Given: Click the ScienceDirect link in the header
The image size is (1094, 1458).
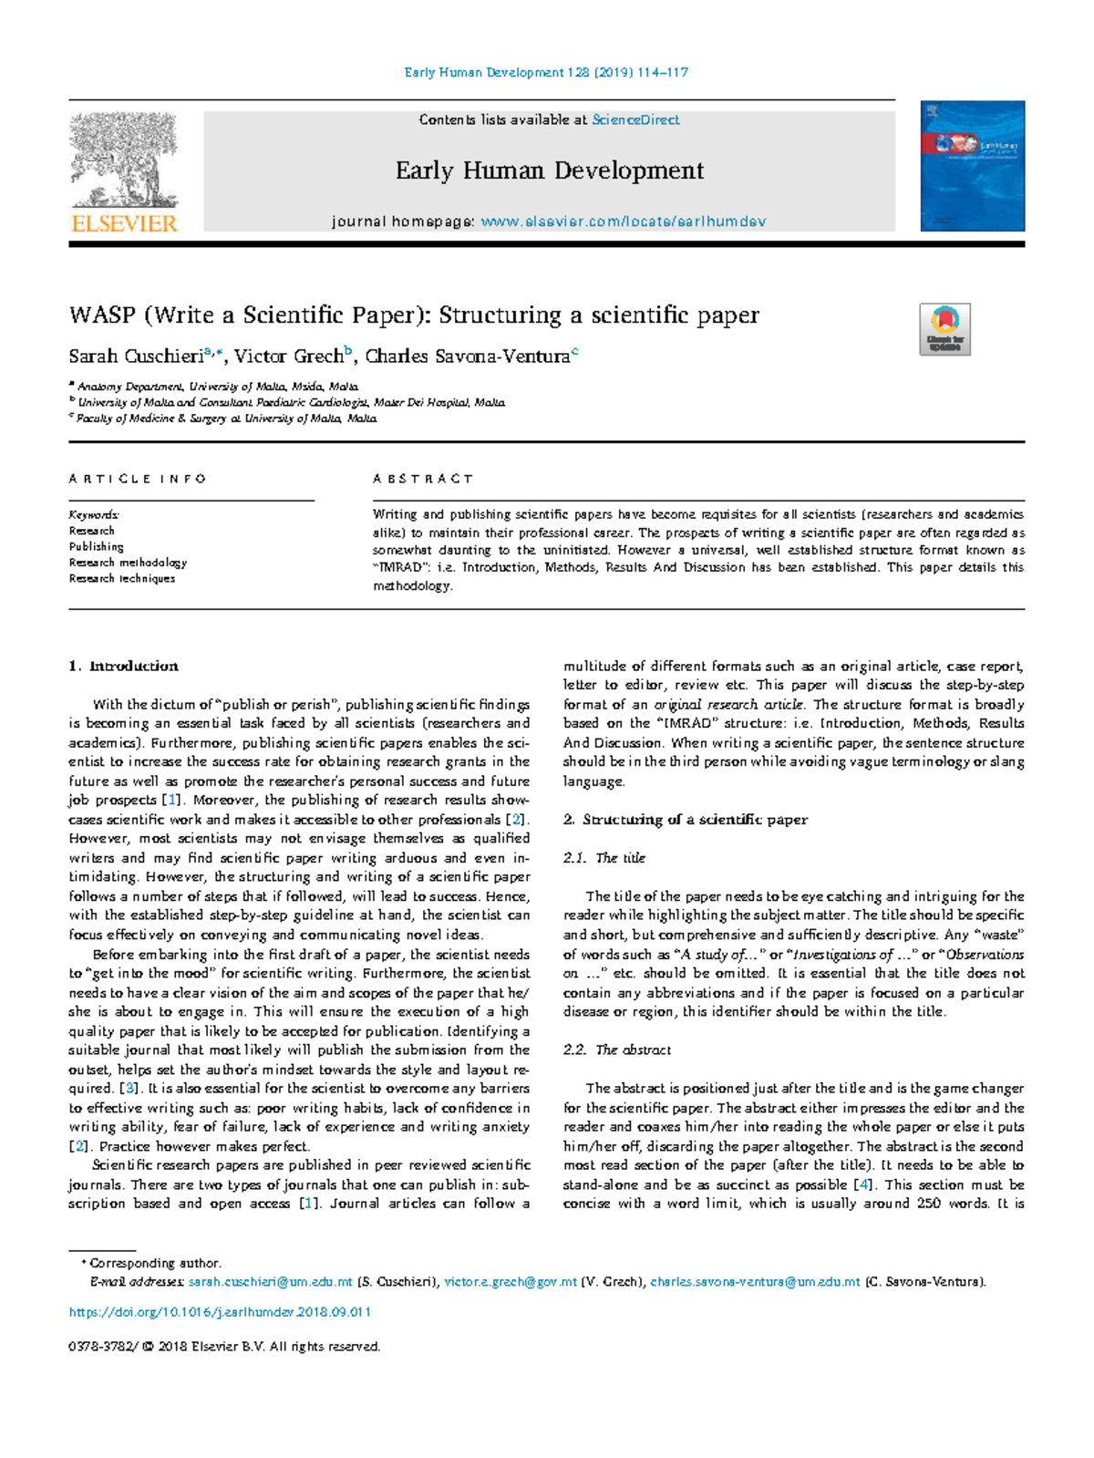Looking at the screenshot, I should pos(635,119).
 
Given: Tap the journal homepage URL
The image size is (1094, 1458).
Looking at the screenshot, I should pos(623,222).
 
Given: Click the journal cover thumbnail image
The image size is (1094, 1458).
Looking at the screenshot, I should pos(972,166).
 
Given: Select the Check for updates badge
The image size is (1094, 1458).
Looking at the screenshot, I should pos(944,329).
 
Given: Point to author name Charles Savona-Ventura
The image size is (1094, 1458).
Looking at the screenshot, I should pos(467,357).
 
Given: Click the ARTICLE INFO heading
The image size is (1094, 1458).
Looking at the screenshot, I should pos(138,479).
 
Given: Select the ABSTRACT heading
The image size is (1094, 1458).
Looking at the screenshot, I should pos(423,479).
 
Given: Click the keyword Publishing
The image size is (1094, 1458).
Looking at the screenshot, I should pos(96,546).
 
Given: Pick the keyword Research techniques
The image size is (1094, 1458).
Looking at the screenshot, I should pos(121,578).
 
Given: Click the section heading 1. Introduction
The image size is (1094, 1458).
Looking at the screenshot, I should pos(123,666).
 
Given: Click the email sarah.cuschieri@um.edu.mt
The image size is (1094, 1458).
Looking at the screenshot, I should pos(270,1281).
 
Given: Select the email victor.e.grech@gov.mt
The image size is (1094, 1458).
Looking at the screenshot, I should pos(510,1281).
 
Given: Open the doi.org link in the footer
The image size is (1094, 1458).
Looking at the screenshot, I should pos(220,1312).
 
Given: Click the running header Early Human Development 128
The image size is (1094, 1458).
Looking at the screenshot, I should pos(545,72).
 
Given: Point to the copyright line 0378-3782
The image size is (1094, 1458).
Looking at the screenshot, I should pos(224,1346).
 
